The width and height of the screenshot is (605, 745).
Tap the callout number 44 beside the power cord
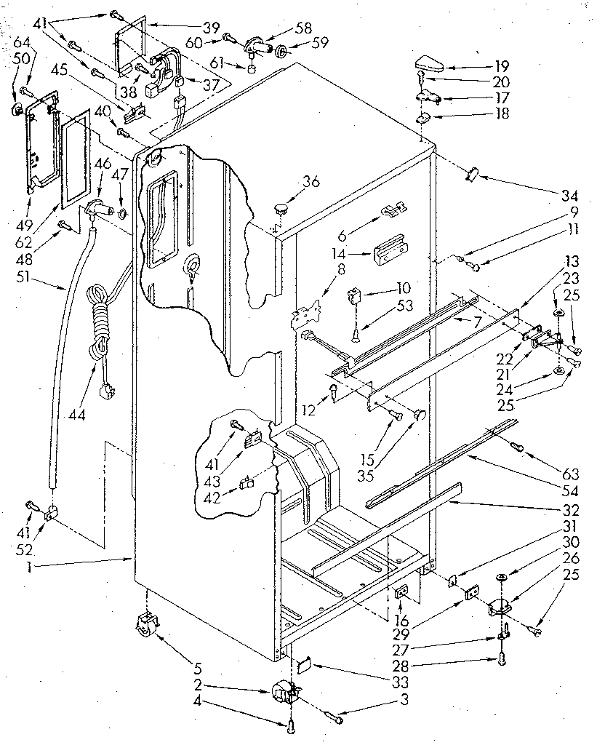click(75, 415)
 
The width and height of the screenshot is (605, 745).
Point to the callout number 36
click(311, 182)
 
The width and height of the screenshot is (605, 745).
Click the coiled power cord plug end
click(108, 393)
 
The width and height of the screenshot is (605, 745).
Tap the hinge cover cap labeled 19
click(430, 62)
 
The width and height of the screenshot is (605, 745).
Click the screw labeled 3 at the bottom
click(338, 718)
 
